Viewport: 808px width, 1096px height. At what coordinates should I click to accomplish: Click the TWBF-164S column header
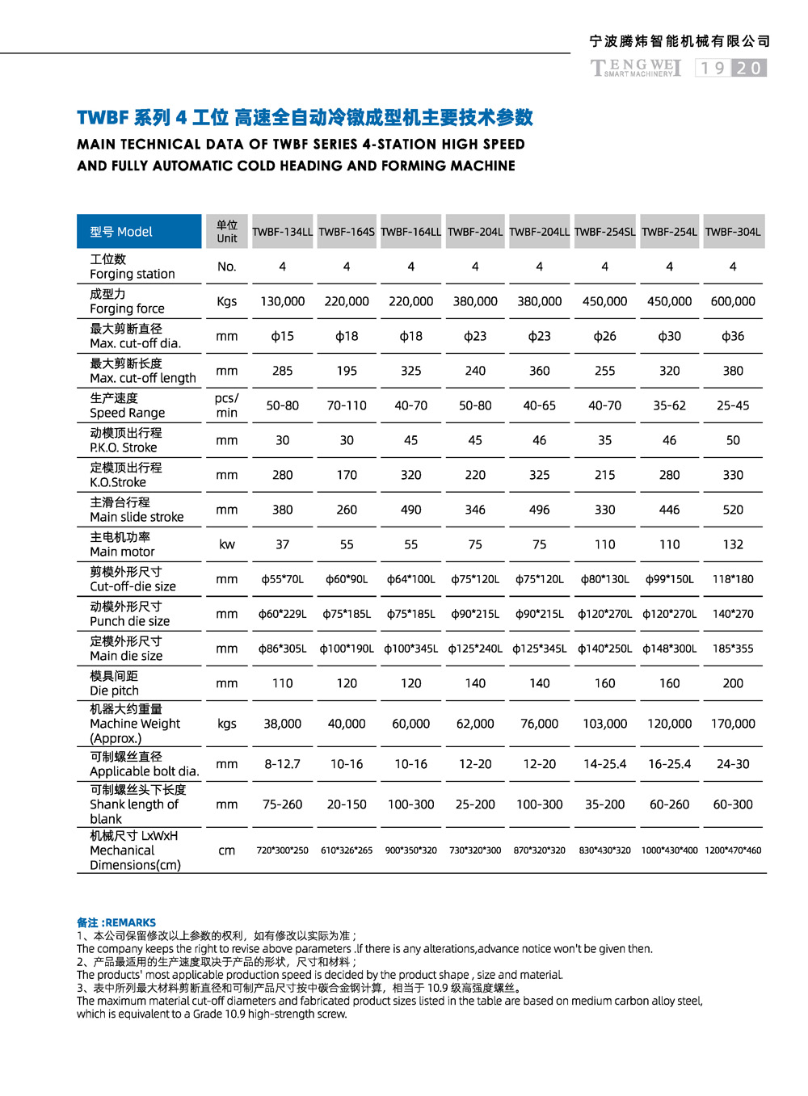pyautogui.click(x=347, y=232)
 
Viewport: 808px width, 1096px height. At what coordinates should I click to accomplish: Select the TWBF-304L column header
pyautogui.click(x=733, y=232)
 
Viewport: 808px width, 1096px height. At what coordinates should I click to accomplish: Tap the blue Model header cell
pyautogui.click(x=139, y=232)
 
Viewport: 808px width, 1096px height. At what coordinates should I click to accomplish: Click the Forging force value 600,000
pyautogui.click(x=733, y=301)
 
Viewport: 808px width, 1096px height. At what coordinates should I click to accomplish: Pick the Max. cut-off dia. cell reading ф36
pyautogui.click(x=733, y=336)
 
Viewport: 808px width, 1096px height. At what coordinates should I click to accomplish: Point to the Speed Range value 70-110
pyautogui.click(x=347, y=405)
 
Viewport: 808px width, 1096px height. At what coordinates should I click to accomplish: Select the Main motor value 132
pyautogui.click(x=733, y=544)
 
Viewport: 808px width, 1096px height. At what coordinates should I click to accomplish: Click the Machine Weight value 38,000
pyautogui.click(x=282, y=724)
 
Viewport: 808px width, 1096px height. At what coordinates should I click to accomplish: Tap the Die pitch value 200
pyautogui.click(x=733, y=683)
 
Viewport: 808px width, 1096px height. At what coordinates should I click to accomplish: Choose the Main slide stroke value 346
pyautogui.click(x=475, y=510)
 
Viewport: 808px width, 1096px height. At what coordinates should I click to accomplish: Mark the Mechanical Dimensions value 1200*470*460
pyautogui.click(x=733, y=850)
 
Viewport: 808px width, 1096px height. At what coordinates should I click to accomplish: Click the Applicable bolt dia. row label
pyautogui.click(x=144, y=764)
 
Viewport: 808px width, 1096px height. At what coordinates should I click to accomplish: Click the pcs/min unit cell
pyautogui.click(x=227, y=405)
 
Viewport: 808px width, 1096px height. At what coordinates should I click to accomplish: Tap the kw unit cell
pyautogui.click(x=227, y=544)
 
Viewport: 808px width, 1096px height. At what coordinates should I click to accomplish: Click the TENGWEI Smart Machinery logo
pyautogui.click(x=636, y=68)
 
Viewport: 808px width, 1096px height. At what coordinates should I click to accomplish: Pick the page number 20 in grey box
pyautogui.click(x=749, y=68)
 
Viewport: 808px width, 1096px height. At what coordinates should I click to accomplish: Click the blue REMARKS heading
pyautogui.click(x=116, y=922)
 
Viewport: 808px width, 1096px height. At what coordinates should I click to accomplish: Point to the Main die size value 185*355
pyautogui.click(x=733, y=649)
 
